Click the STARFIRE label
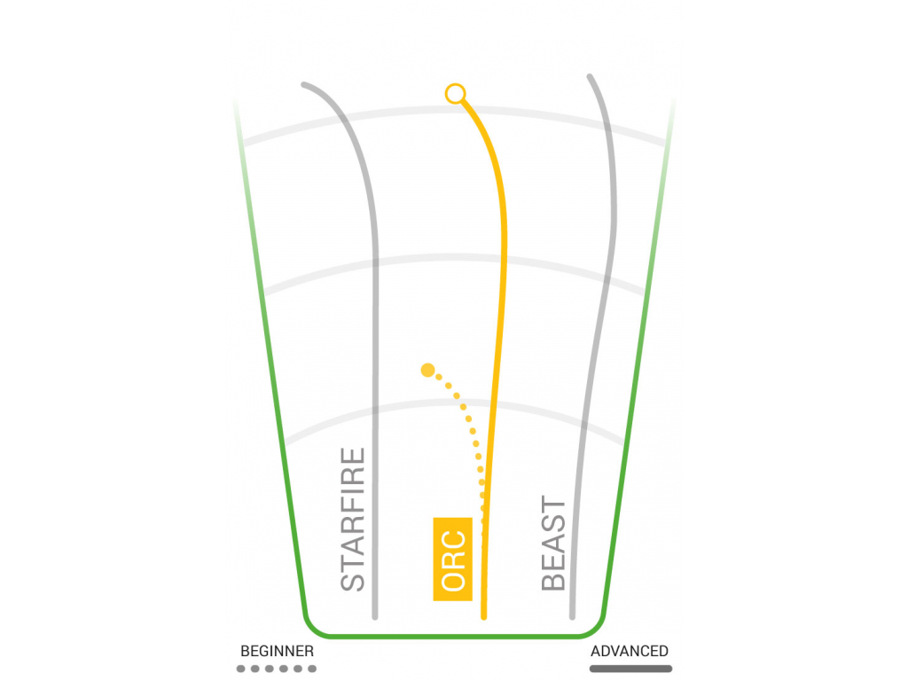pyautogui.click(x=353, y=519)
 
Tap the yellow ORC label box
pyautogui.click(x=453, y=559)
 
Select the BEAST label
pyautogui.click(x=553, y=543)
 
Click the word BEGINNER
pyautogui.click(x=277, y=651)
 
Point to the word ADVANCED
pyautogui.click(x=629, y=651)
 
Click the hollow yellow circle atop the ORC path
pyautogui.click(x=455, y=93)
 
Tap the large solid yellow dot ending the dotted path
pyautogui.click(x=428, y=370)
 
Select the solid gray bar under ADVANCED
pyautogui.click(x=630, y=669)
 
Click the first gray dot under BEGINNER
pyautogui.click(x=241, y=669)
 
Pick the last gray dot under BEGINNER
pyautogui.click(x=312, y=669)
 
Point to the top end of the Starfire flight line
pyautogui.click(x=304, y=85)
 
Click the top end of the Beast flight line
pyautogui.click(x=590, y=76)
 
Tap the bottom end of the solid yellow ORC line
pyautogui.click(x=483, y=617)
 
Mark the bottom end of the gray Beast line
pyautogui.click(x=572, y=617)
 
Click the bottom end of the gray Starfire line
pyautogui.click(x=375, y=617)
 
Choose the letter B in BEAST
pyautogui.click(x=553, y=581)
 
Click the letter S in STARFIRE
pyautogui.click(x=353, y=582)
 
